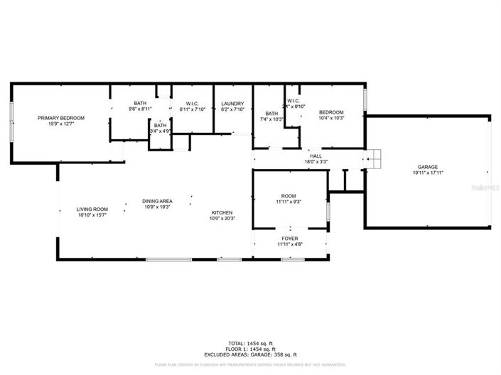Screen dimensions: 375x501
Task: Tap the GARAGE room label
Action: [x=427, y=168]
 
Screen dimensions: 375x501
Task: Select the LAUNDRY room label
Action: [x=232, y=104]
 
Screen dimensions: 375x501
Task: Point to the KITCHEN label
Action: [x=222, y=213]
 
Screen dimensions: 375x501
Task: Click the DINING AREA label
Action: [x=157, y=201]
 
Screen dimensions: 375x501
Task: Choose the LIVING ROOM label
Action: [x=92, y=209]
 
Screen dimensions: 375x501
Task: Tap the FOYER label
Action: [x=289, y=239]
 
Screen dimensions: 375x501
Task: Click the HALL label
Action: [x=315, y=156]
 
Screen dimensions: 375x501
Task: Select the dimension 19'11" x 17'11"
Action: [x=427, y=173]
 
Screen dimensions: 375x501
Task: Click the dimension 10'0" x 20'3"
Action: [x=222, y=219]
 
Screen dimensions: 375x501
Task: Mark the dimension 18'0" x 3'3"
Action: [x=315, y=161]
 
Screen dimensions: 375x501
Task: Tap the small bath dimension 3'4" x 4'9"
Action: [x=160, y=131]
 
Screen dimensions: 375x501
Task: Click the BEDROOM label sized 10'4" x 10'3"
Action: [x=331, y=113]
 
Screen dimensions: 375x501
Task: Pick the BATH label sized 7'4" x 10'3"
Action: [x=271, y=114]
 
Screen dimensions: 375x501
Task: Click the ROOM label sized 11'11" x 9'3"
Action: [x=289, y=196]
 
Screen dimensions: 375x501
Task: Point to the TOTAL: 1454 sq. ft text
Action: [x=250, y=343]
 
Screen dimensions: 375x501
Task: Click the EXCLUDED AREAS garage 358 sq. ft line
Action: [x=250, y=354]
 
